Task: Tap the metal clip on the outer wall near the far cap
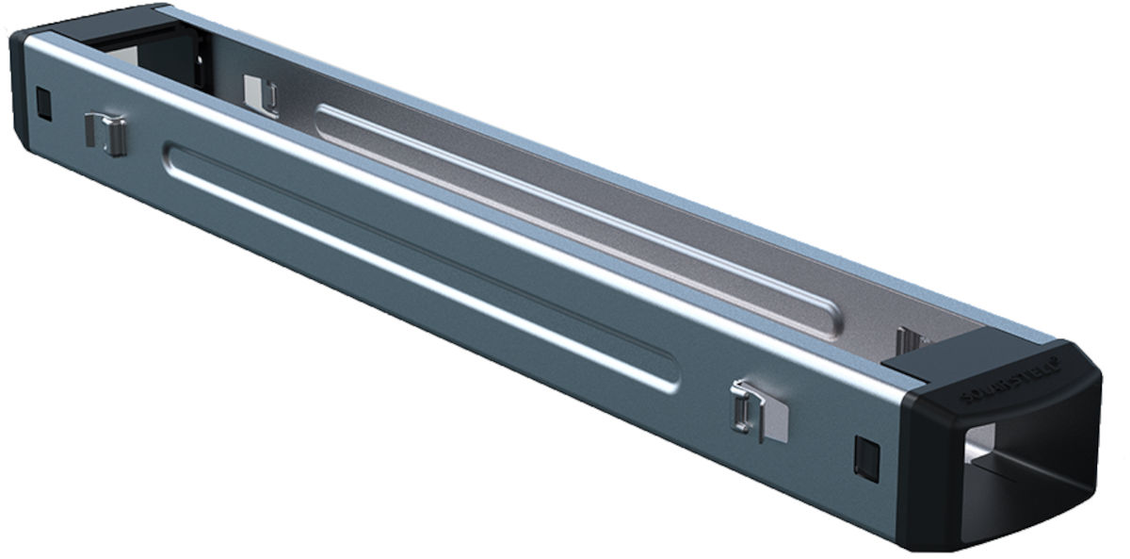(105, 133)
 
